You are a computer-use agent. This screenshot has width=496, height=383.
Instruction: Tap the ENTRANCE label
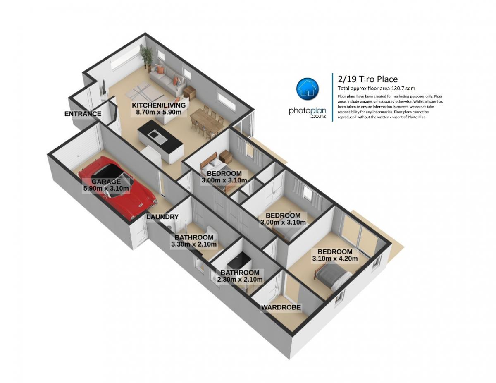pyautogui.click(x=83, y=114)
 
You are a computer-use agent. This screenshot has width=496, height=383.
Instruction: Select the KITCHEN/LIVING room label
pyautogui.click(x=159, y=105)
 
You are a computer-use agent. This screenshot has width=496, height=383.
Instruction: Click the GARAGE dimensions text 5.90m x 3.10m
pyautogui.click(x=106, y=189)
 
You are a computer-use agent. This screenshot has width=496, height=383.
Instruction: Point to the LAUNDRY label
pyautogui.click(x=162, y=217)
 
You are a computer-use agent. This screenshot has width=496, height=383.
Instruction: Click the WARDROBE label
pyautogui.click(x=281, y=307)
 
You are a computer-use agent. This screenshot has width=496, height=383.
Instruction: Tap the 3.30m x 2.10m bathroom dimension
pyautogui.click(x=194, y=244)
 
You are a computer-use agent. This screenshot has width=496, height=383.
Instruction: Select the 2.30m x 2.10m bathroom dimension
pyautogui.click(x=240, y=279)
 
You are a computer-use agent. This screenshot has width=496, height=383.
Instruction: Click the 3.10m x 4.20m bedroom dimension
pyautogui.click(x=335, y=259)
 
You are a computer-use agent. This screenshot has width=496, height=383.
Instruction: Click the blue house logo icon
pyautogui.click(x=307, y=89)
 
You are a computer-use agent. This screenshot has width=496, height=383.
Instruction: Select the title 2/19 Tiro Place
pyautogui.click(x=368, y=79)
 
